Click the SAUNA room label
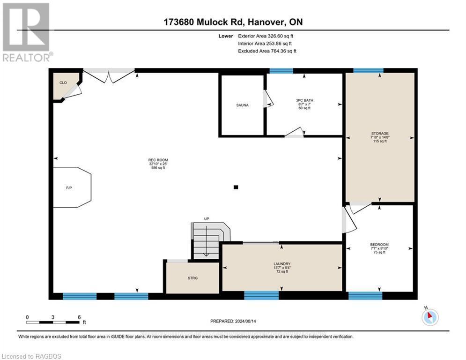242,105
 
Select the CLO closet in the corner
63,82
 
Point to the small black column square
236,187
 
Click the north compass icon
429,317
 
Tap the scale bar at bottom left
53,322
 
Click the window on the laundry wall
261,295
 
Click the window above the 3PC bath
281,71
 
